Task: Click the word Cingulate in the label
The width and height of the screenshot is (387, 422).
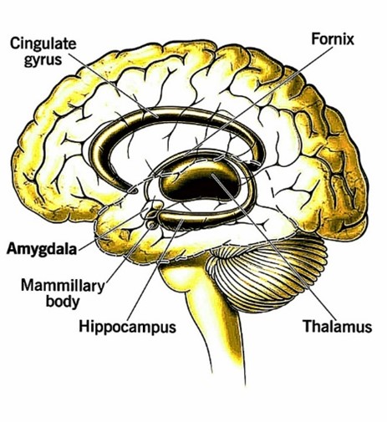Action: [43, 44]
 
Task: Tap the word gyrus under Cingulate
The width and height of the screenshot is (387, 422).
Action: [43, 59]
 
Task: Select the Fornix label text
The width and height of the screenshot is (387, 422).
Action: [333, 38]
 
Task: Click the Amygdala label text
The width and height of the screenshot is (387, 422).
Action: [42, 248]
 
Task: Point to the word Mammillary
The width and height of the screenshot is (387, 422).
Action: [63, 286]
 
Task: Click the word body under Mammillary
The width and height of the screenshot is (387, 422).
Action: [63, 302]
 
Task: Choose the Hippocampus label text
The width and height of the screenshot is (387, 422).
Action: [128, 326]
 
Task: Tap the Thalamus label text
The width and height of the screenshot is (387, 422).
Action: [338, 326]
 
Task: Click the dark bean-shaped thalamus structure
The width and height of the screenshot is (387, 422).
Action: [199, 182]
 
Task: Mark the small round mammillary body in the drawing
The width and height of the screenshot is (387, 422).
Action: [152, 225]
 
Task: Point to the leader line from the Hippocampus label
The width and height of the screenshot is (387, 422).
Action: [155, 270]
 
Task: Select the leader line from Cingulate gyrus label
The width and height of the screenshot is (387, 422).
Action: [113, 85]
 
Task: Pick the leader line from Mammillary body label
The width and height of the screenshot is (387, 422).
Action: [129, 253]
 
